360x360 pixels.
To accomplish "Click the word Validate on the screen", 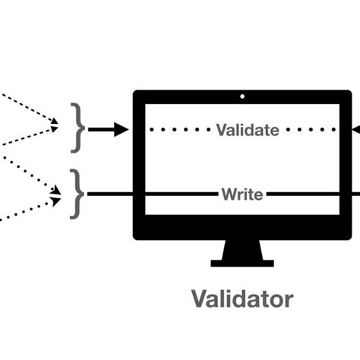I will coord(248,130).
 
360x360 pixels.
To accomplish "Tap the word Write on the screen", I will coord(242,194).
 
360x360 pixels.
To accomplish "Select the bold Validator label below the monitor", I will coord(242,298).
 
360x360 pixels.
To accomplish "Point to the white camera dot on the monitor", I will coord(242,96).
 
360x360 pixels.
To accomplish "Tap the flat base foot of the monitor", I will coord(242,263).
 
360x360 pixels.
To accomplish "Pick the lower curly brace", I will coord(77,194).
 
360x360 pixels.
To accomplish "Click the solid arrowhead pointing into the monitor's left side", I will coord(122,130).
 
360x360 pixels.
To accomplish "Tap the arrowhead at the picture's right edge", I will coord(355,130).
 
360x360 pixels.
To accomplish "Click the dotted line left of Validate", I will coord(182,130).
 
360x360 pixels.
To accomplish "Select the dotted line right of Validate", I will coord(311,130).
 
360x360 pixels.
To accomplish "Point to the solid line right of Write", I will coord(304,194).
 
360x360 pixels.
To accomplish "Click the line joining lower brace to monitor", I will coord(110,194).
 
